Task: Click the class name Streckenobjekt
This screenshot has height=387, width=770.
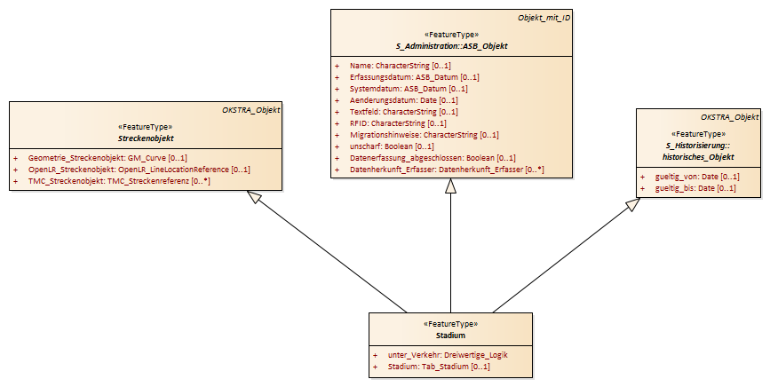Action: click(146, 138)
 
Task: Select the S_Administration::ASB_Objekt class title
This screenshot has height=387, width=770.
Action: click(452, 46)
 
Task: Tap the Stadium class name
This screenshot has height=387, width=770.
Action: click(450, 336)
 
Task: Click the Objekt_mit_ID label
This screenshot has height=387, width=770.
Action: click(544, 18)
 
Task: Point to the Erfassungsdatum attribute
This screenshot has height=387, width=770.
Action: click(415, 77)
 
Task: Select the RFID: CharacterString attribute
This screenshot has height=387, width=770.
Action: click(398, 123)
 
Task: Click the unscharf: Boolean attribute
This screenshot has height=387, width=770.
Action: click(392, 146)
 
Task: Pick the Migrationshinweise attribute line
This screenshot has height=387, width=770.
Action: click(425, 135)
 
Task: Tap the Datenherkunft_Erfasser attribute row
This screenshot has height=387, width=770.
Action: click(447, 170)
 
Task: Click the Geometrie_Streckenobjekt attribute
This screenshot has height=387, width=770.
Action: click(107, 158)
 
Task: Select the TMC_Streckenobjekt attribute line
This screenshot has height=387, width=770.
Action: click(119, 181)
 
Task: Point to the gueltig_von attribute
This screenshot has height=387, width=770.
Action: click(697, 177)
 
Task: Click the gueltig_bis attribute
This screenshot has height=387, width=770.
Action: click(695, 188)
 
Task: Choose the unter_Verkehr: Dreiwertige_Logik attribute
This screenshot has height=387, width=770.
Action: click(448, 355)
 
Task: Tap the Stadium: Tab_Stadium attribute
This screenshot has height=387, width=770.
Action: click(439, 367)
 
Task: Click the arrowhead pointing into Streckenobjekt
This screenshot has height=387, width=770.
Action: click(253, 197)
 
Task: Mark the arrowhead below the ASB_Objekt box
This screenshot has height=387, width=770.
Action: click(451, 186)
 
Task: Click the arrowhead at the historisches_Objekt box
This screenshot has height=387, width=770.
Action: click(633, 204)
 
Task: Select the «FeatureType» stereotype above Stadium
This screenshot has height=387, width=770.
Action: click(450, 324)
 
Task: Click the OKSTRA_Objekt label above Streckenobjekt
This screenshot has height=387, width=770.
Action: click(251, 110)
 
